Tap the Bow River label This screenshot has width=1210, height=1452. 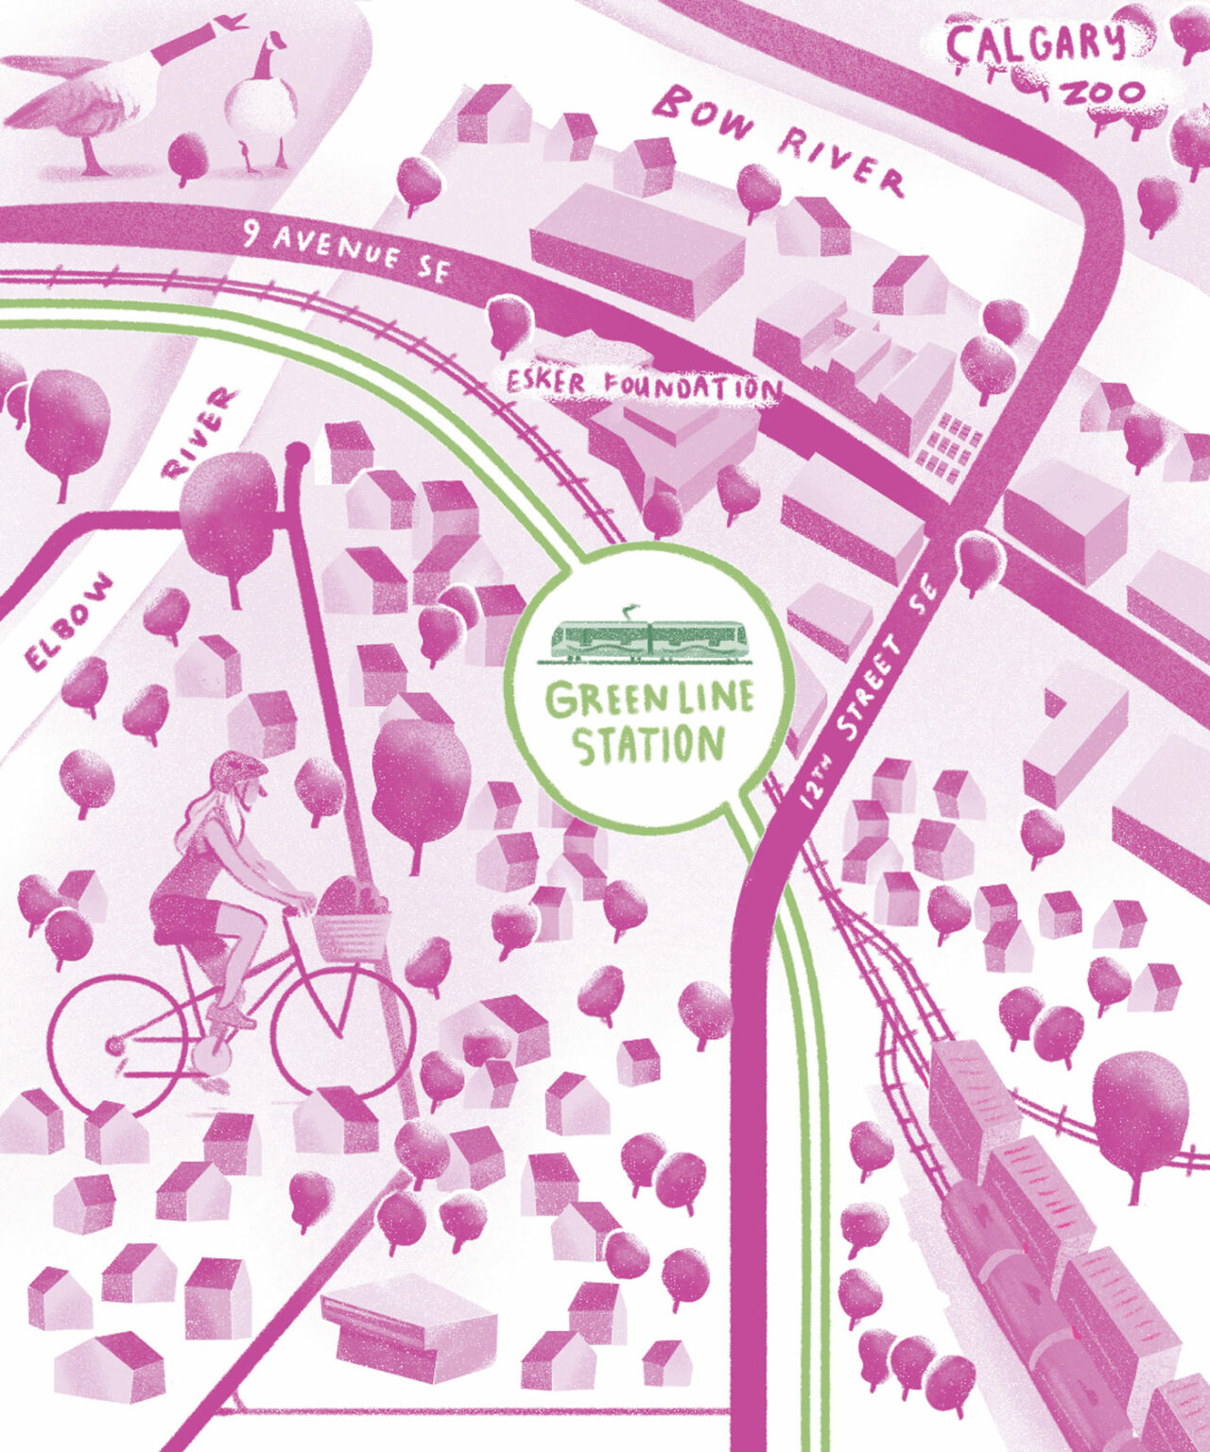(x=781, y=139)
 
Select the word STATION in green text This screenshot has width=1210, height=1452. (x=649, y=745)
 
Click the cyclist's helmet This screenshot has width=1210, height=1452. (x=233, y=769)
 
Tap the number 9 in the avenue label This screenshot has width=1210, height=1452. (x=251, y=232)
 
